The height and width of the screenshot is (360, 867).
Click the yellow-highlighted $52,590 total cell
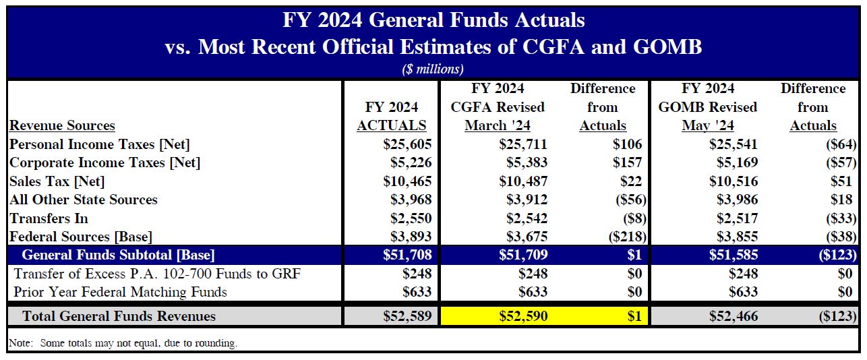point(522,316)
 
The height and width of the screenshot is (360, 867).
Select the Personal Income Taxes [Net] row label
point(100,144)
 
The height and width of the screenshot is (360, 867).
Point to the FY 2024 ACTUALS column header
point(392,116)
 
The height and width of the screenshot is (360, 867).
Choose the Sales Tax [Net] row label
point(57,181)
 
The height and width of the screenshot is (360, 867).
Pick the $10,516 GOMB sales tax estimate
point(734,181)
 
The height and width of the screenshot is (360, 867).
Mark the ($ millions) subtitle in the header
point(433,69)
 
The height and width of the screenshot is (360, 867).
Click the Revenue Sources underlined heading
point(62,125)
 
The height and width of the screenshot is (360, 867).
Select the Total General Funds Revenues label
point(119,316)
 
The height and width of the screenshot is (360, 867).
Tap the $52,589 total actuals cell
point(407,316)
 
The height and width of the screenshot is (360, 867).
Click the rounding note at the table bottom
point(123,343)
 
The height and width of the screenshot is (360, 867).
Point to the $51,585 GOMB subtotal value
point(734,256)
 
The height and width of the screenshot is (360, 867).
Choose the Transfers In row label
point(49,218)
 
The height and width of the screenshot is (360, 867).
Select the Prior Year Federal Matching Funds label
point(121,292)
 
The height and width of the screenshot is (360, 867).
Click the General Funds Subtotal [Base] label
point(119,256)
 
